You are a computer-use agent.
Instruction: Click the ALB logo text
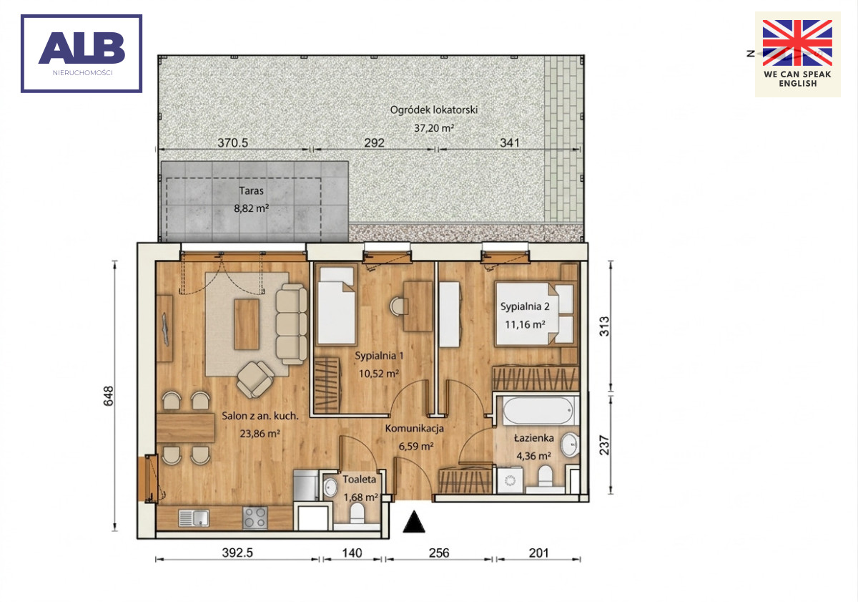tap(82, 47)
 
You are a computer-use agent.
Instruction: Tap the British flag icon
tap(797, 43)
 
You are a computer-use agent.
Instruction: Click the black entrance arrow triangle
tap(414, 522)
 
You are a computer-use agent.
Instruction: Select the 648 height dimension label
tap(109, 396)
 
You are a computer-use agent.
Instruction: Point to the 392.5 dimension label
tap(237, 553)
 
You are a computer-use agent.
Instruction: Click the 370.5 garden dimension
tap(232, 142)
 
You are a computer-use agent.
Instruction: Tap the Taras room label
tap(251, 190)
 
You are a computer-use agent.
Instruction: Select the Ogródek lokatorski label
tap(433, 110)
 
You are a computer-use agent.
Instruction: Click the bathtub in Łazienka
tap(538, 411)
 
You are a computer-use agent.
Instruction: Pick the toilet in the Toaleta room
tap(357, 513)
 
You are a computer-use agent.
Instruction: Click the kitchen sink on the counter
tap(194, 518)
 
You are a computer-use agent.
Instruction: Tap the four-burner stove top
tap(255, 518)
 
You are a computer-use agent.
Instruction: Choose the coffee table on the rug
tap(247, 324)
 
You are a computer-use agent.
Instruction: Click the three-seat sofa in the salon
tap(291, 324)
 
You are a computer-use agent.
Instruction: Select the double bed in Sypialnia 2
tap(535, 314)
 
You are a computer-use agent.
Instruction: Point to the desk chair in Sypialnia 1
tap(398, 306)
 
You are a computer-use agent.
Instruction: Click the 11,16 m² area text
tap(525, 325)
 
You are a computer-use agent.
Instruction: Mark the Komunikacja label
tap(415, 428)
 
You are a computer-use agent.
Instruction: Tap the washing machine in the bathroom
tap(510, 480)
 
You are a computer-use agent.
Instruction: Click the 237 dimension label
tap(604, 445)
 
